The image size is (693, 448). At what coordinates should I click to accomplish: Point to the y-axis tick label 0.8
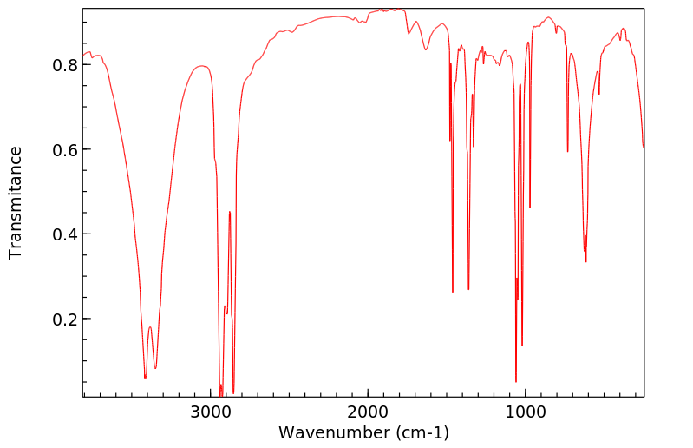click(x=65, y=65)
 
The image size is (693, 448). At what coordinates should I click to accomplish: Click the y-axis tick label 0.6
click(x=65, y=150)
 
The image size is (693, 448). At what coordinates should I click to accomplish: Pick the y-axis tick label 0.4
click(x=65, y=234)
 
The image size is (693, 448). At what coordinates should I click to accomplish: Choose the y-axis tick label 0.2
click(x=65, y=320)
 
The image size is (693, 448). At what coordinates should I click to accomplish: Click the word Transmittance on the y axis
click(x=16, y=202)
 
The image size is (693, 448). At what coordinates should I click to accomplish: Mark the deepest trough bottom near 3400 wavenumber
click(x=145, y=378)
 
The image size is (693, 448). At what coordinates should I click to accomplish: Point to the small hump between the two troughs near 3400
click(x=150, y=327)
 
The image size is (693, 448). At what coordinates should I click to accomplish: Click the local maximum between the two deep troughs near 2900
click(x=230, y=211)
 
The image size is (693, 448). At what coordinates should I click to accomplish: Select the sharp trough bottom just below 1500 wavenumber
click(x=453, y=292)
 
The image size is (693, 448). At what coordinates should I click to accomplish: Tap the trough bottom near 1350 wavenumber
click(x=468, y=289)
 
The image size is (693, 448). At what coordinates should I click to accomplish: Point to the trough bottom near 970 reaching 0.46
click(x=530, y=208)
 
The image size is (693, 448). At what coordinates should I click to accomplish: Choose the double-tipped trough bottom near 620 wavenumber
click(x=585, y=261)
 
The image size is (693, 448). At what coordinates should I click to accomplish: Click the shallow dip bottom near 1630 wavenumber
click(x=426, y=49)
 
